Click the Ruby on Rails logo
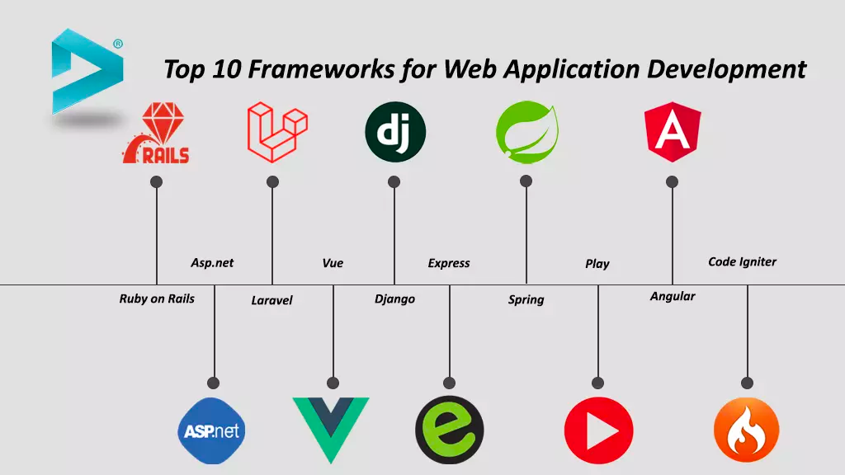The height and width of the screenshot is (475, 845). [156, 134]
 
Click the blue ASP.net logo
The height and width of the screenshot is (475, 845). [212, 430]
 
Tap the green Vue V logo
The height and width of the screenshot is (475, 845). [331, 426]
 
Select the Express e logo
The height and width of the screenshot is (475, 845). [449, 430]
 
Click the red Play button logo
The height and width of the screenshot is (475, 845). [598, 431]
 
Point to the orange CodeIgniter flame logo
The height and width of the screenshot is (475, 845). [746, 430]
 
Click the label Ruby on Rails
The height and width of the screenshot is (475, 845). [157, 299]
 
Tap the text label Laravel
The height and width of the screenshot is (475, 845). [271, 300]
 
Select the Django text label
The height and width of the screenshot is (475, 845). [394, 299]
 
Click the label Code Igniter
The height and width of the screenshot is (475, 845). [742, 261]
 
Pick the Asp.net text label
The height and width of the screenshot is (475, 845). [212, 262]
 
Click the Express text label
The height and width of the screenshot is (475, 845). [449, 263]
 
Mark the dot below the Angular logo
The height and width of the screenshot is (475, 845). [672, 181]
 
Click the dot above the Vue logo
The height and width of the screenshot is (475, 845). [333, 383]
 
